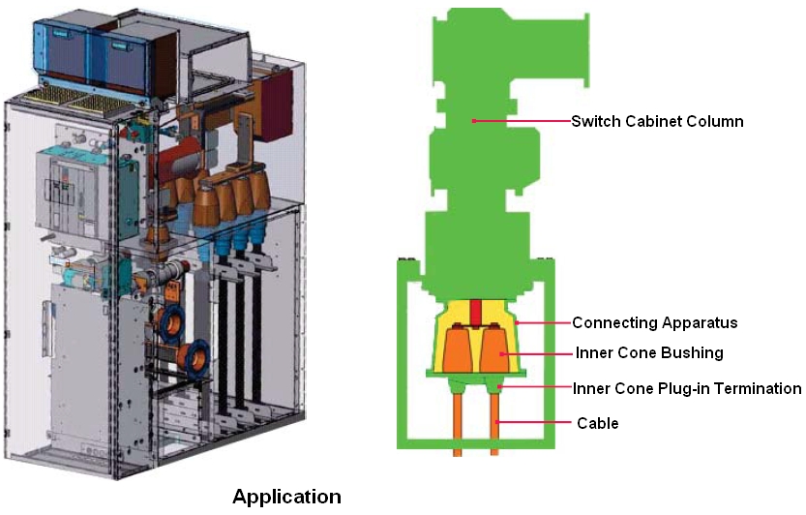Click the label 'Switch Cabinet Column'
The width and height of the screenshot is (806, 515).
(657, 121)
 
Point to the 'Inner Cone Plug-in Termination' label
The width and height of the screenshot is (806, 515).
(687, 388)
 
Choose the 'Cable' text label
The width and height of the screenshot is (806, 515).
(597, 423)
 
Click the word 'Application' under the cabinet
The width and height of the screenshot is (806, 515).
(286, 497)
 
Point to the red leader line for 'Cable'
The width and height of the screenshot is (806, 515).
(533, 423)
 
